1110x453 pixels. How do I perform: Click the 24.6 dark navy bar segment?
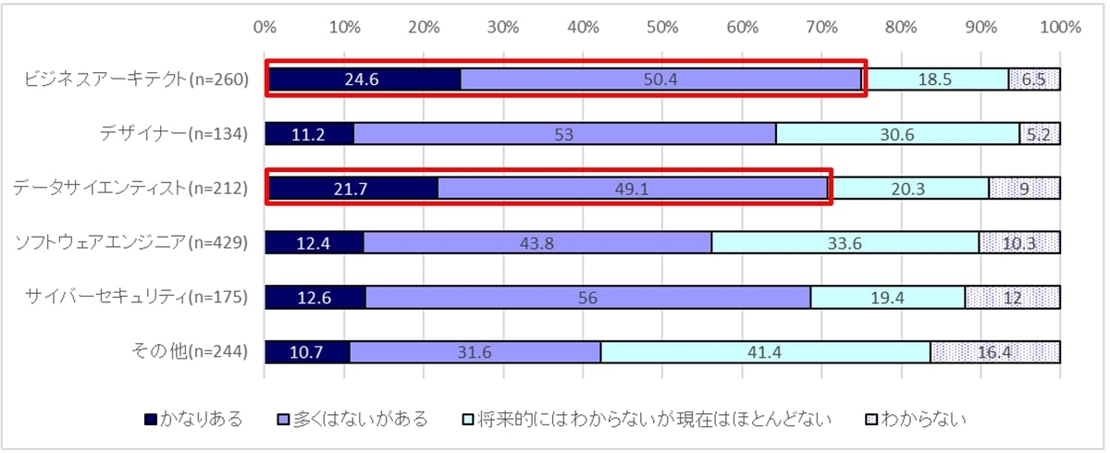coord(363,80)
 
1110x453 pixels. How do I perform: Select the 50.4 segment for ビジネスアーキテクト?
coord(661,80)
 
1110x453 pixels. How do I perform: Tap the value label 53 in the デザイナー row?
coord(563,134)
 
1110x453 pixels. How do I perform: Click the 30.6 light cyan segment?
coord(896,134)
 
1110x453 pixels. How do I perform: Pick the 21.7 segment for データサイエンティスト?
coord(351,189)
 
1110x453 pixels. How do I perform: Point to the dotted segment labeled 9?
coord(1024,189)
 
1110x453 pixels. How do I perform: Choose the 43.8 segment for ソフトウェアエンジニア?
coord(536,243)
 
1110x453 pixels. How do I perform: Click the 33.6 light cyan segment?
coord(845,243)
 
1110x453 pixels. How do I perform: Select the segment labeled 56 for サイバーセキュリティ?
coord(588,298)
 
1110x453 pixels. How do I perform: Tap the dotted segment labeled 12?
coord(1012,298)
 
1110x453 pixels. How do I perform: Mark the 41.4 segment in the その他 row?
coord(765,352)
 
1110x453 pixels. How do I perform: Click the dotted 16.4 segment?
coord(994,352)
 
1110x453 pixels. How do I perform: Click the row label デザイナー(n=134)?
coord(175,134)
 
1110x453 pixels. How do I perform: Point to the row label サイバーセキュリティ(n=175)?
coord(139,298)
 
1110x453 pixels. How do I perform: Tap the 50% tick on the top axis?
coord(662,28)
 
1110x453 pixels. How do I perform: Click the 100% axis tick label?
coord(1060,28)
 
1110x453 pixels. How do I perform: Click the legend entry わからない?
coord(925,420)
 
